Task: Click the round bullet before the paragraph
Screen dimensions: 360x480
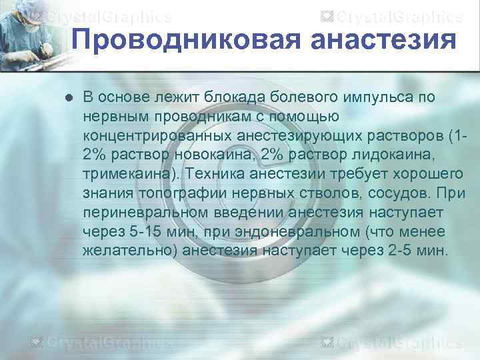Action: (x=69, y=98)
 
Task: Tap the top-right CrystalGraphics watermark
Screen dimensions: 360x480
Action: (x=401, y=16)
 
